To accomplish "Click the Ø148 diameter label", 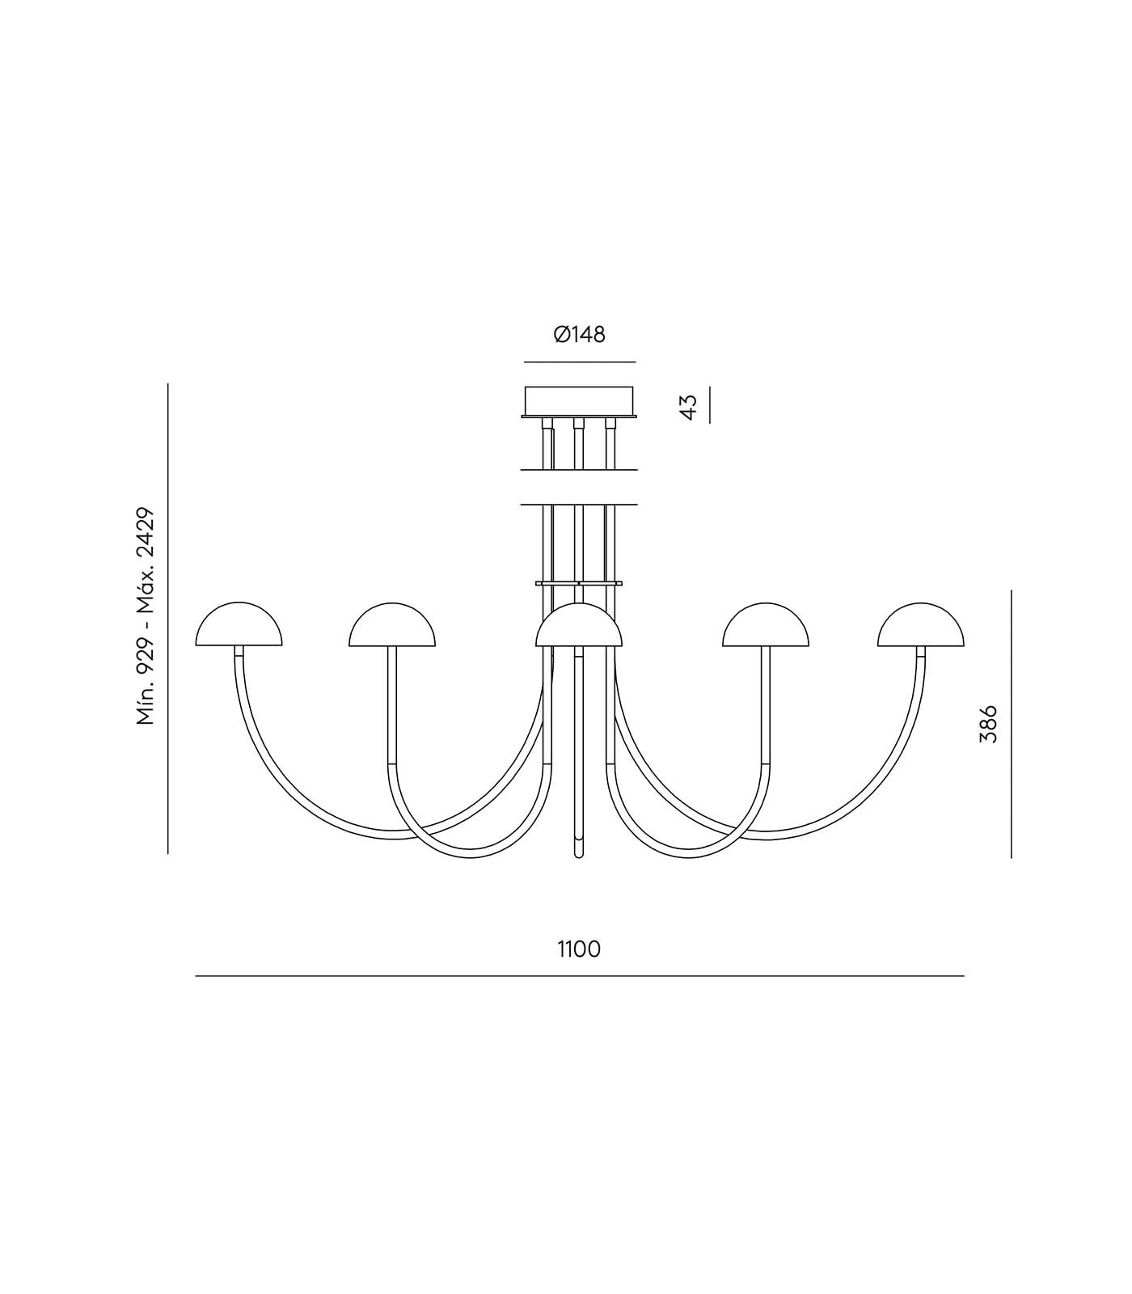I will pos(579,334).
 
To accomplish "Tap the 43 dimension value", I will pos(688,406).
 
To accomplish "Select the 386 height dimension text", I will pos(988,723).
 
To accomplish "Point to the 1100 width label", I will pos(579,949).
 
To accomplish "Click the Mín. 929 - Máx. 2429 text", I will pos(146,617).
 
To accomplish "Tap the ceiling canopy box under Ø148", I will pos(579,400).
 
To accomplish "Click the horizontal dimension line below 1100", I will pos(579,976).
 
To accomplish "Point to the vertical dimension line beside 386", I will pos(1012,723).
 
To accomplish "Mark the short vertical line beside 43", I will pos(709,405).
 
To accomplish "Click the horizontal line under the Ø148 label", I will pos(579,362).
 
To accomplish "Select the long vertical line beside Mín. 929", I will pos(168,618).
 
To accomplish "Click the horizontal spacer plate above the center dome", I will pos(579,582).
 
